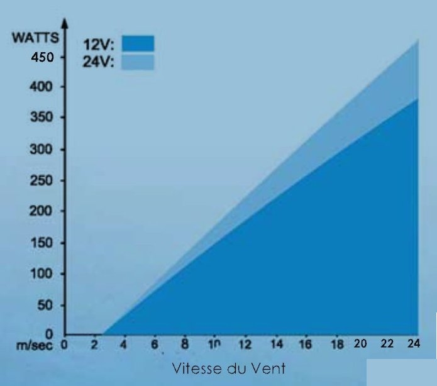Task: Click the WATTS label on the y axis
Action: click(36, 37)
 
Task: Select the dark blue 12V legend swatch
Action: click(138, 43)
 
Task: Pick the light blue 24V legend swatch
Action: click(138, 62)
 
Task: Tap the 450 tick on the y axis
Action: click(42, 57)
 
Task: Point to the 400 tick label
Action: click(42, 86)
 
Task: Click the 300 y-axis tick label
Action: click(42, 150)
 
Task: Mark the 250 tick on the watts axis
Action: click(42, 180)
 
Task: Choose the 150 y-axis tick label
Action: click(42, 243)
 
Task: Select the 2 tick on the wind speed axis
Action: click(94, 345)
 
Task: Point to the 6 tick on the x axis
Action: click(155, 345)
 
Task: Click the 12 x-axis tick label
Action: click(245, 345)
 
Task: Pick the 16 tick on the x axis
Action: click(306, 345)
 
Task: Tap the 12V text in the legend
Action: click(98, 44)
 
